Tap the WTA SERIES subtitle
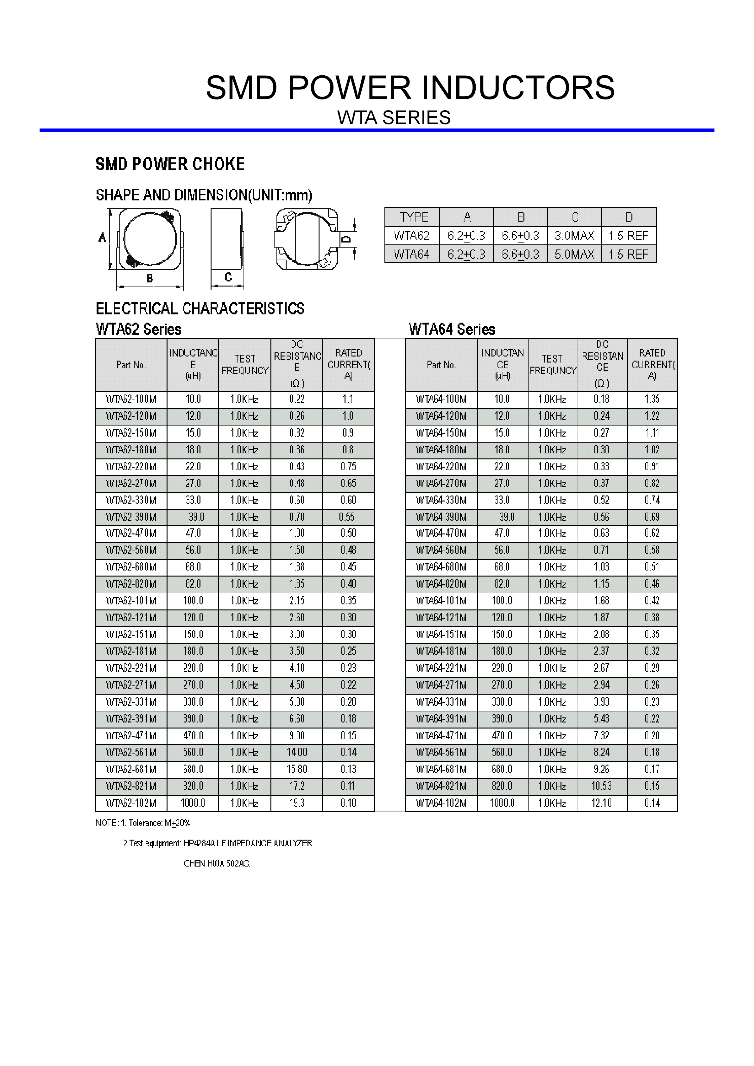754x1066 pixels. point(394,118)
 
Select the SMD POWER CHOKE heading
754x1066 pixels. point(170,164)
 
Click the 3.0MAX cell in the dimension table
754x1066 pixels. point(574,236)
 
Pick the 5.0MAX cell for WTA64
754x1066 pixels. point(574,255)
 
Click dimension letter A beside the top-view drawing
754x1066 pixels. point(103,238)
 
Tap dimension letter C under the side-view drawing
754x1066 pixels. point(228,277)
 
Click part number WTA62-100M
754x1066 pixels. point(131,399)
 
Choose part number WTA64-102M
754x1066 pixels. point(441,803)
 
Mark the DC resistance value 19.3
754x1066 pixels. point(297,803)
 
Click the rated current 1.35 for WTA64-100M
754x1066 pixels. point(652,399)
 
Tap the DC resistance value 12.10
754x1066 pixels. point(601,803)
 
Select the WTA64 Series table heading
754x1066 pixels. point(452,330)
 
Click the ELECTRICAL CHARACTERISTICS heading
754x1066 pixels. point(200,309)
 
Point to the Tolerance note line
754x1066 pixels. point(143,823)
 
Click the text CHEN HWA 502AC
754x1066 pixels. point(217,864)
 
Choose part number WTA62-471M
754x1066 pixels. point(131,736)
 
